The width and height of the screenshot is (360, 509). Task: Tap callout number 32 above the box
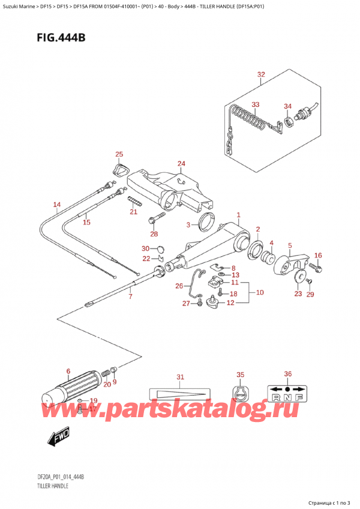[x=260, y=75]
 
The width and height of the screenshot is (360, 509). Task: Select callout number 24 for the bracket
[x=181, y=164]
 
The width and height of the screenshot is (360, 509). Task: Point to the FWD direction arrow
[x=59, y=436]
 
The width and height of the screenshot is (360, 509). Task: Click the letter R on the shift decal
[x=277, y=397]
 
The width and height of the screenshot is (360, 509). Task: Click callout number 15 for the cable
[x=86, y=222]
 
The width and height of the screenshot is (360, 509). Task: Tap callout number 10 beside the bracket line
[x=260, y=292]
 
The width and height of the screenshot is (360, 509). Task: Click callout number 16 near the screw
[x=318, y=256]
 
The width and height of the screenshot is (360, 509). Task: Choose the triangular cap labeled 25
[x=121, y=170]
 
